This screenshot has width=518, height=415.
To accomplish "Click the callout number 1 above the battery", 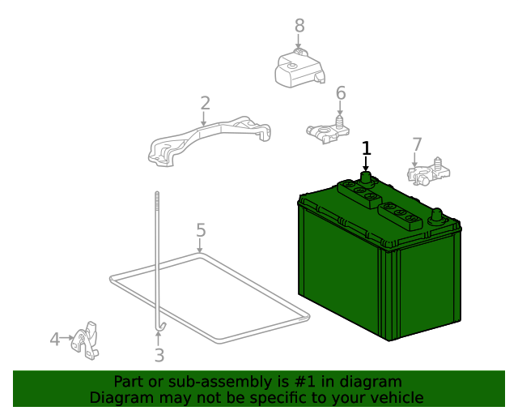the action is coord(367,148).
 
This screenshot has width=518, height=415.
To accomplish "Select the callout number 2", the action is coord(205,103).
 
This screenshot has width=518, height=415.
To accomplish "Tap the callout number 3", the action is coord(159,355).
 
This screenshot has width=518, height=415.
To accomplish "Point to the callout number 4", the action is coord(55,340).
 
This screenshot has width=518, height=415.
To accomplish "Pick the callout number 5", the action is coord(201,230).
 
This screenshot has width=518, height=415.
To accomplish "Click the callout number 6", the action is coord(341,93).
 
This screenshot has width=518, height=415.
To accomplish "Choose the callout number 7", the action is coord(418,144).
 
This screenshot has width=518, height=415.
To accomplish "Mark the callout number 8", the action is coord(299,25).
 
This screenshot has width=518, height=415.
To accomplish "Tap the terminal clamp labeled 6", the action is coord(328,131).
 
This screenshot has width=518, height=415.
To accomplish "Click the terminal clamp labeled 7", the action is coord(428,172).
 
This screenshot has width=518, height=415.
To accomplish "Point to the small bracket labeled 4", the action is coord(85,341).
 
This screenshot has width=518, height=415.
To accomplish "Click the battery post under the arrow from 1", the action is coord(365,178).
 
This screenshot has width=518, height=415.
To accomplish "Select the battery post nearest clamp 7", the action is coord(437,216).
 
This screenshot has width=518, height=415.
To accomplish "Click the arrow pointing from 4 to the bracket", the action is coord(67,338).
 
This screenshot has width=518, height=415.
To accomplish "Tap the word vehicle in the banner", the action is coord(401,398).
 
